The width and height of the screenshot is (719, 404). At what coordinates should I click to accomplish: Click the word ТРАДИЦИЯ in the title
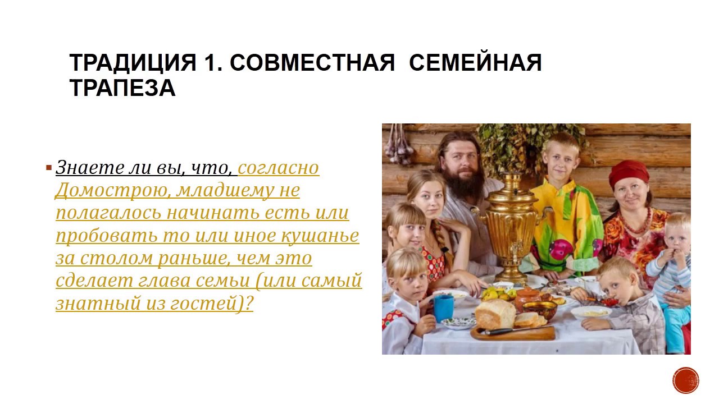tap(133, 62)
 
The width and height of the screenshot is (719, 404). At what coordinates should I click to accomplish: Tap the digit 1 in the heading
tap(210, 62)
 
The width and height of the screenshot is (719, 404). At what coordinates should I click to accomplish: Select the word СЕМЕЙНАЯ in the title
tap(475, 62)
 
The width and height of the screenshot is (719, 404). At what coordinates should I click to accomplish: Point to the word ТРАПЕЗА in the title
tap(122, 88)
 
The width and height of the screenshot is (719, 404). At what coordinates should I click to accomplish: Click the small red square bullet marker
tap(49, 167)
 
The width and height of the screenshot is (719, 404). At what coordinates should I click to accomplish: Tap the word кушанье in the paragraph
tap(320, 236)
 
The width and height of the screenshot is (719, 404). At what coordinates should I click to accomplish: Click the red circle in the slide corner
tap(686, 380)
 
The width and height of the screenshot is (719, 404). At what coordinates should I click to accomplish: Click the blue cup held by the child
tap(444, 308)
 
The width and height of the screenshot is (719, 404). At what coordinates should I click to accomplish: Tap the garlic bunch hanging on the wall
tap(399, 145)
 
